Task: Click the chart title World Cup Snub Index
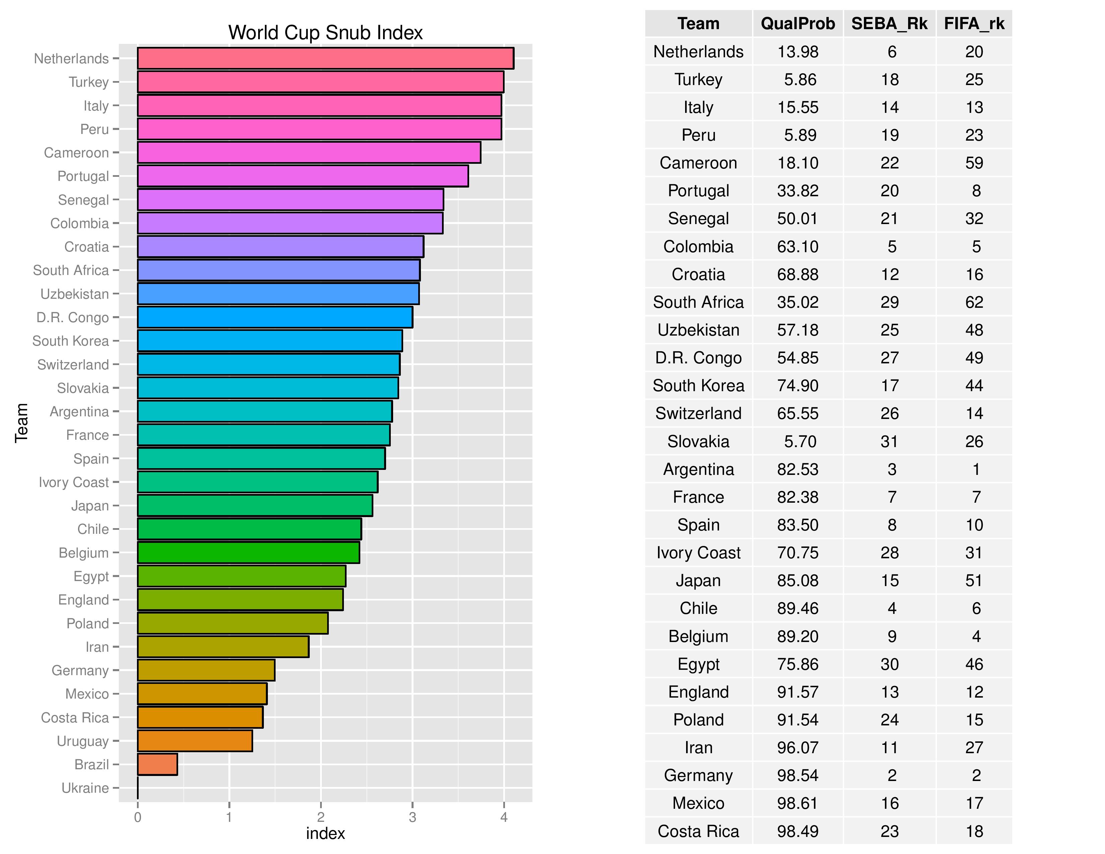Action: point(325,32)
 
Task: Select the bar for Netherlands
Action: point(325,58)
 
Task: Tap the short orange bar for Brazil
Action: point(157,765)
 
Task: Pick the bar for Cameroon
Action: point(309,152)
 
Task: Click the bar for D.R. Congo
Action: point(275,317)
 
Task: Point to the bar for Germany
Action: point(206,670)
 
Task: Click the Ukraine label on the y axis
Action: point(85,788)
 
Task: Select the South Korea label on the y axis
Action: point(70,341)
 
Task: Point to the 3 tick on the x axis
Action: point(412,817)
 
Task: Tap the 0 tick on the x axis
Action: point(138,817)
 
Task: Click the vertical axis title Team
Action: point(21,423)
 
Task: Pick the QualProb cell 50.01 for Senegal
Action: point(798,219)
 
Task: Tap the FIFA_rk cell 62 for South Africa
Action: point(974,302)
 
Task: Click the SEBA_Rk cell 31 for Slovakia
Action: point(889,441)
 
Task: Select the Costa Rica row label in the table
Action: point(698,831)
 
